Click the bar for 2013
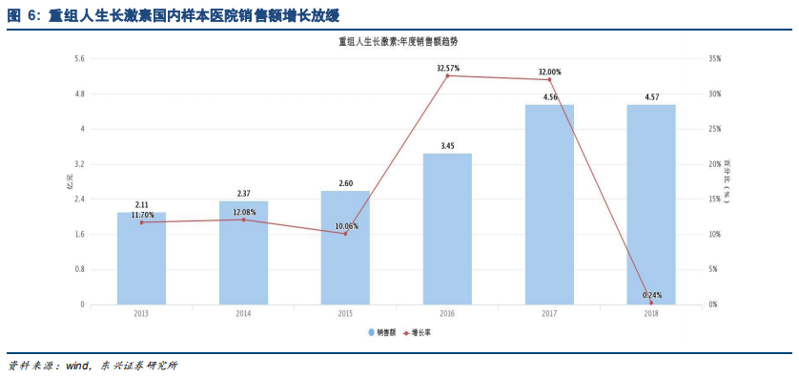click(x=141, y=258)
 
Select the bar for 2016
click(x=447, y=228)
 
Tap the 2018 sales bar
click(x=651, y=204)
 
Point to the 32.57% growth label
click(x=448, y=69)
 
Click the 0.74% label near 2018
click(x=652, y=295)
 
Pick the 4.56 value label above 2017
click(x=550, y=97)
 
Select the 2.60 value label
click(x=345, y=183)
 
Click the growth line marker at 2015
click(x=345, y=233)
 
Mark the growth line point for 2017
click(x=550, y=79)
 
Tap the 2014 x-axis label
click(x=243, y=313)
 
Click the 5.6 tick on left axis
click(x=79, y=59)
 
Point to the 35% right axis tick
click(x=714, y=59)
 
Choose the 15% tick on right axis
click(x=714, y=199)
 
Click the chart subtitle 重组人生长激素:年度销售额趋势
click(x=398, y=42)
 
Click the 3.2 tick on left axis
click(x=79, y=164)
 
